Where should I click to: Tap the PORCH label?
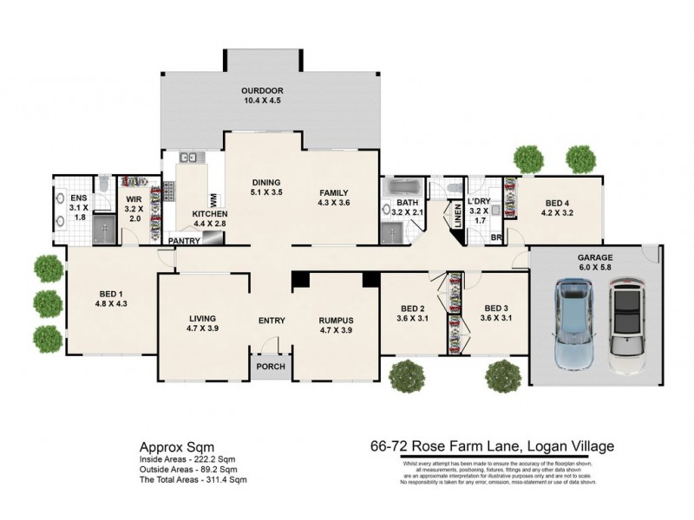click(271, 367)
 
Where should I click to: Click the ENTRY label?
click(272, 321)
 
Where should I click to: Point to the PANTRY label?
click(184, 241)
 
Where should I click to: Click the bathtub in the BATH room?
click(402, 188)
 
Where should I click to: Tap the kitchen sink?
click(189, 158)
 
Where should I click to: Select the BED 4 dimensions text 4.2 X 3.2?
click(558, 211)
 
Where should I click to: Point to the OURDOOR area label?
click(262, 91)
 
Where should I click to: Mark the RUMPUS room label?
click(336, 320)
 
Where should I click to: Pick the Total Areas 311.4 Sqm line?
click(193, 479)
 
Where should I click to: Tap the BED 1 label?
click(110, 293)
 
